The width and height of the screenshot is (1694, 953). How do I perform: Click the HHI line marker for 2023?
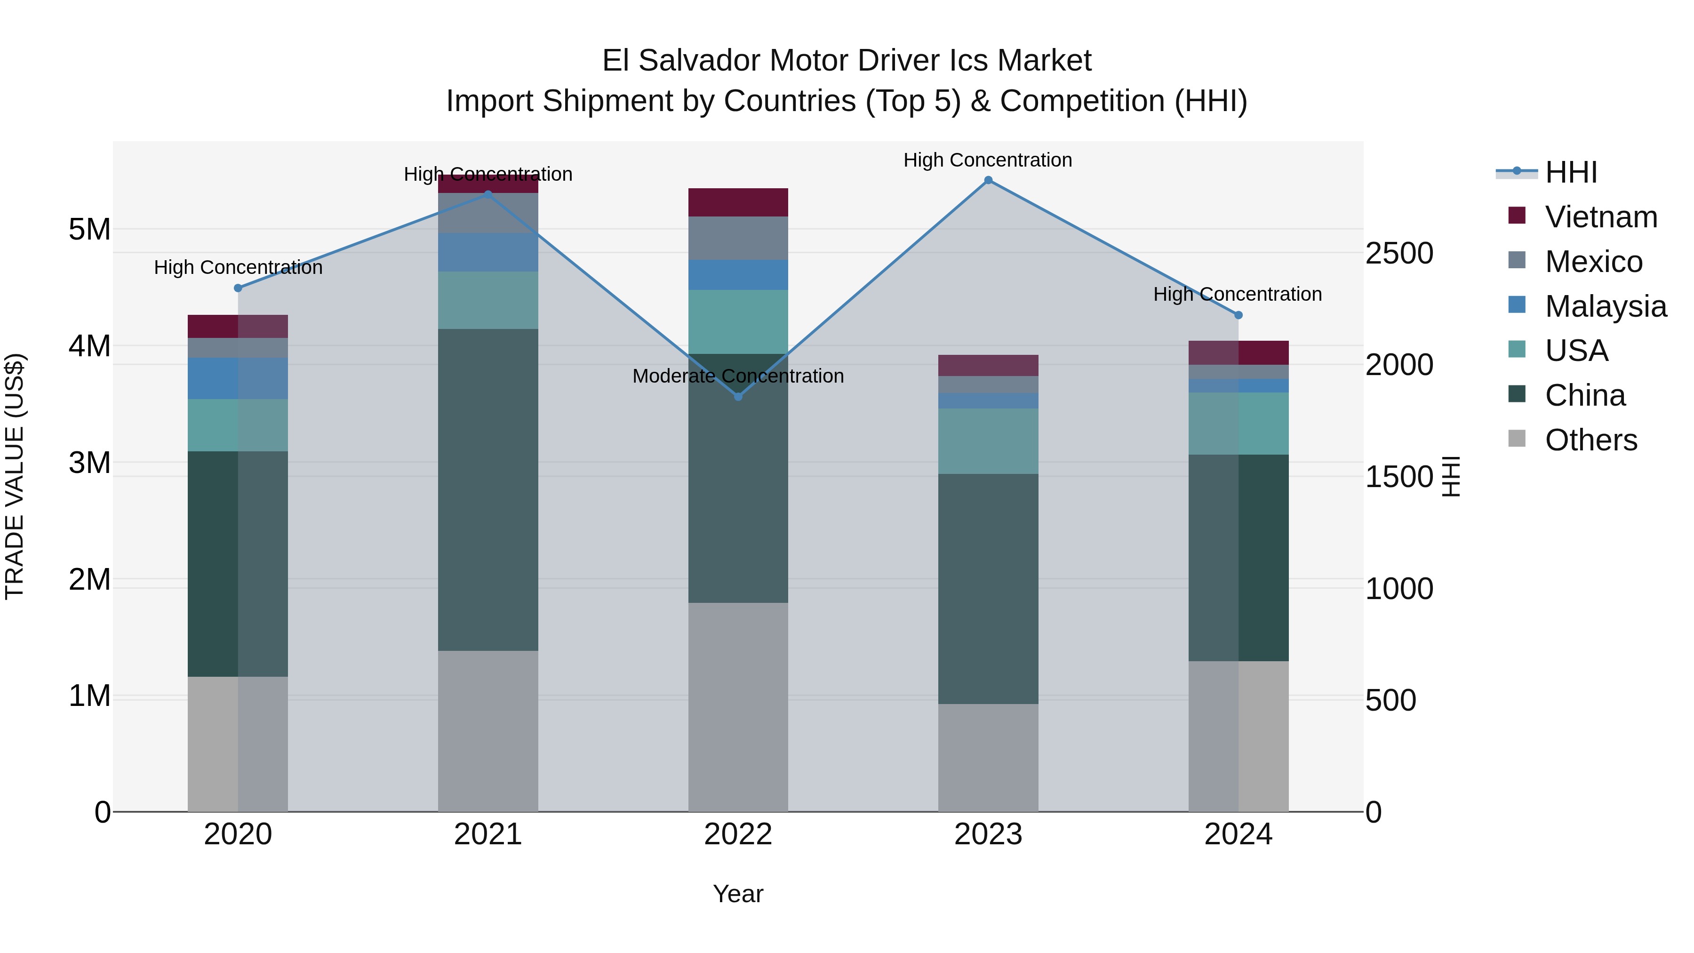[988, 180]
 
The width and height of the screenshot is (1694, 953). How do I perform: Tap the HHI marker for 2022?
[738, 397]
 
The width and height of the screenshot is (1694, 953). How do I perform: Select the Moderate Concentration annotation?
[738, 376]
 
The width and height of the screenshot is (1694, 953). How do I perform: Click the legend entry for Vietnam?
[1601, 217]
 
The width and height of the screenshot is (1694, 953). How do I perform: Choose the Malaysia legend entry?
[1605, 306]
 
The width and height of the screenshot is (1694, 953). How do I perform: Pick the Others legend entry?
[1591, 440]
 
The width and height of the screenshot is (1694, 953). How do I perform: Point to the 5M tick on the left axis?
[89, 230]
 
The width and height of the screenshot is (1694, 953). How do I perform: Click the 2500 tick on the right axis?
[1399, 253]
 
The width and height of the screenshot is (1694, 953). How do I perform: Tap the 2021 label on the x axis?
[488, 834]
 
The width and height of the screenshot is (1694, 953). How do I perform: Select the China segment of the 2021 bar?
[488, 490]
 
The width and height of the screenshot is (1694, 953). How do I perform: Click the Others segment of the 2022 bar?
[738, 707]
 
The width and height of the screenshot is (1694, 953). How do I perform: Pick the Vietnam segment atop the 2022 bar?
[738, 202]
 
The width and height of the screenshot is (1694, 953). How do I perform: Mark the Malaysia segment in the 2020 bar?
[238, 378]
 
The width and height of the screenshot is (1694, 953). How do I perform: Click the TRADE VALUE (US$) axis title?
[15, 476]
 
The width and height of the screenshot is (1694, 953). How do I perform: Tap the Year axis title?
[738, 894]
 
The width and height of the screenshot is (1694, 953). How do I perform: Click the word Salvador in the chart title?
[699, 61]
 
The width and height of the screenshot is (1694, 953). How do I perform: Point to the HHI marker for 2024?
[1239, 315]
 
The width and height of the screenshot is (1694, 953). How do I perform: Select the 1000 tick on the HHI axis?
[1399, 589]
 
